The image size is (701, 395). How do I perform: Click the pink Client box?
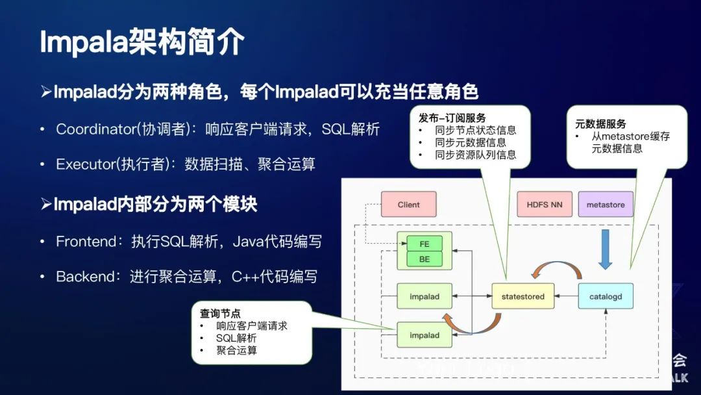tap(408, 205)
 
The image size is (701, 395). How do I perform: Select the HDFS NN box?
tap(544, 205)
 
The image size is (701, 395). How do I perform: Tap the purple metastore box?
tap(605, 205)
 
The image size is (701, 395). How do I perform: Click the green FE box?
tap(424, 244)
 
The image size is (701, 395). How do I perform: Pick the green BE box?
tap(424, 259)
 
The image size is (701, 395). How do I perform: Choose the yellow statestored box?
tap(523, 296)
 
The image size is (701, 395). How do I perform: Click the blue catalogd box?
tap(605, 296)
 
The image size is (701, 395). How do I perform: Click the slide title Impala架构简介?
tap(142, 43)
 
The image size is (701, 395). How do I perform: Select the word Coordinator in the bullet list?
tap(93, 129)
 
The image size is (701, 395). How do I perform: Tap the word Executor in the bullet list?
tap(85, 164)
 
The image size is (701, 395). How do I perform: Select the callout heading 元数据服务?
tap(600, 123)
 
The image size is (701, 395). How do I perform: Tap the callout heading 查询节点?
tap(221, 314)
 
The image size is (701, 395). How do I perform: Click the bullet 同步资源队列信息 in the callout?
tap(476, 155)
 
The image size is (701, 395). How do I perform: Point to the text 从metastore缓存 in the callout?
tap(630, 136)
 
